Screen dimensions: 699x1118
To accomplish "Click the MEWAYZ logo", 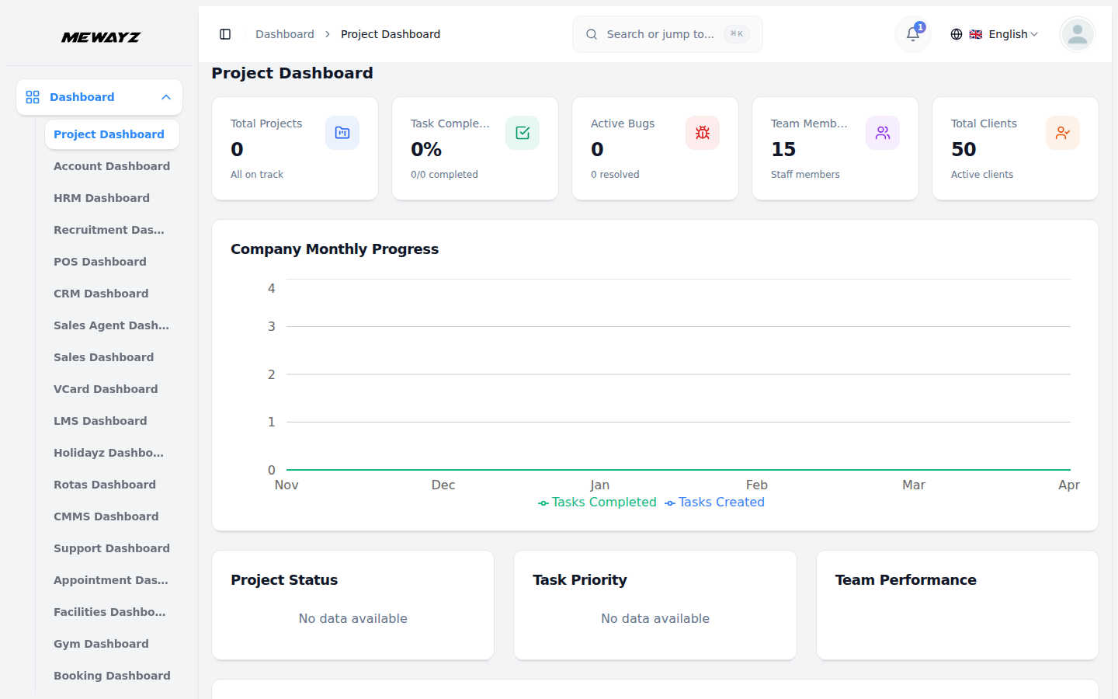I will click(x=101, y=37).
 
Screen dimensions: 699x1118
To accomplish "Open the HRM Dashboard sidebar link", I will click(x=102, y=198).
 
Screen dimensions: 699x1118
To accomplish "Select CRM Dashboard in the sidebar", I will click(x=101, y=294).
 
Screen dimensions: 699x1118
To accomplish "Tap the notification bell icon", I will click(x=913, y=34).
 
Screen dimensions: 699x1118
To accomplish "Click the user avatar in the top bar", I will click(x=1077, y=34).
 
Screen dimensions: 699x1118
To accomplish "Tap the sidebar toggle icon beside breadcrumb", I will click(x=225, y=34).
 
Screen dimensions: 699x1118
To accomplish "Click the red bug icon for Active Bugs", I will click(x=703, y=133).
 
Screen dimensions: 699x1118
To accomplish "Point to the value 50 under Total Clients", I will click(x=963, y=149).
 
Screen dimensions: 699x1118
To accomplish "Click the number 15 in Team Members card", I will click(x=783, y=149).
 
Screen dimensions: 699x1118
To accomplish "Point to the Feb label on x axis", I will click(x=756, y=485).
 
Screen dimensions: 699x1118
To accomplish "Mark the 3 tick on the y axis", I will click(x=272, y=326).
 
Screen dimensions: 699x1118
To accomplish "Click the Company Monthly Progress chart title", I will click(x=335, y=249).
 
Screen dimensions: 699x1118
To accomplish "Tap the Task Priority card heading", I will click(x=580, y=580).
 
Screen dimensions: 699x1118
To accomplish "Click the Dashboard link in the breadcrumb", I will click(x=285, y=34).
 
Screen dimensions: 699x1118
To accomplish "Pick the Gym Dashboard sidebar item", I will click(x=101, y=644).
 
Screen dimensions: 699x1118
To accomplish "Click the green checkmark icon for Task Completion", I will click(x=523, y=133).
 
